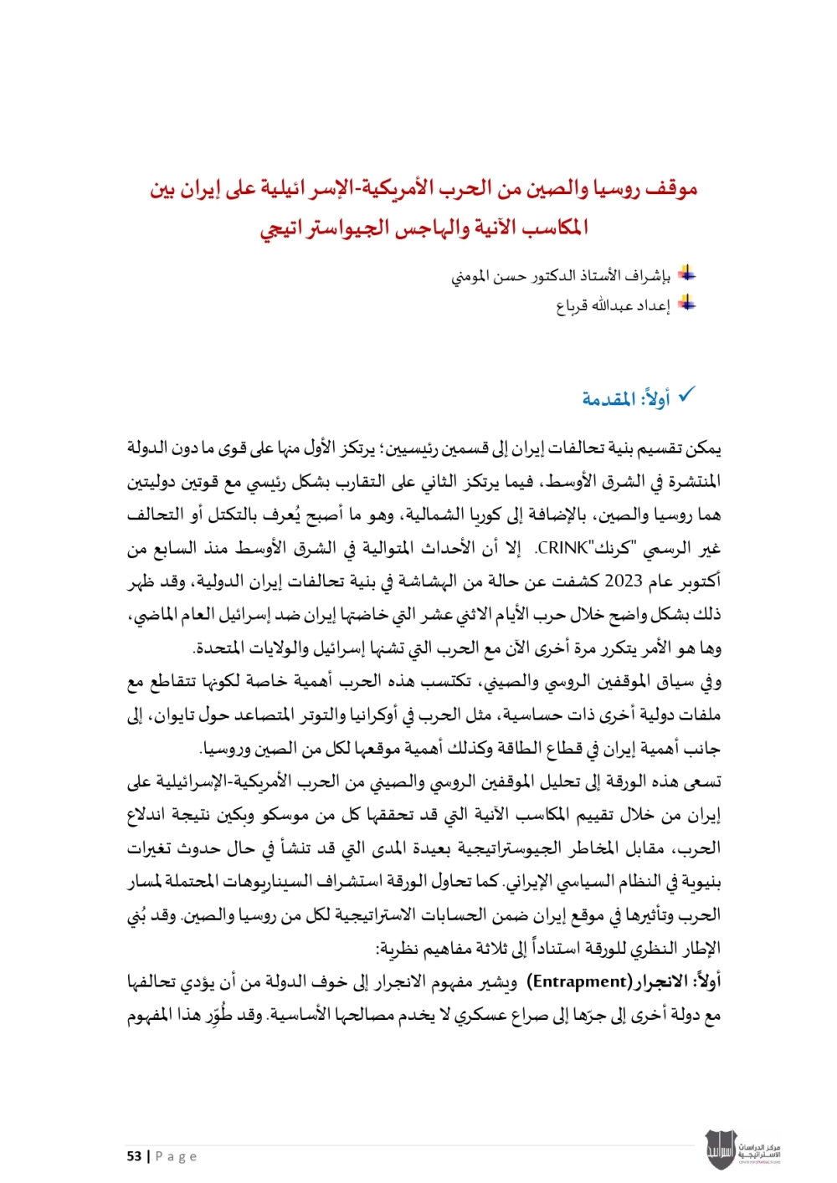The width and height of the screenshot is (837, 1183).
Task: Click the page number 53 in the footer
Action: [134, 1156]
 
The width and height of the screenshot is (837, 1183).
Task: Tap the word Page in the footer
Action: [177, 1156]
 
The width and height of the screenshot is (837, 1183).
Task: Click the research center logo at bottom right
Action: [742, 1150]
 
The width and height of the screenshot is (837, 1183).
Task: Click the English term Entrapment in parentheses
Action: [581, 981]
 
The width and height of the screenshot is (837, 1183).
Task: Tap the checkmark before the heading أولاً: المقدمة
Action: [686, 395]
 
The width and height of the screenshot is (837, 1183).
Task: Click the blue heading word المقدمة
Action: [608, 399]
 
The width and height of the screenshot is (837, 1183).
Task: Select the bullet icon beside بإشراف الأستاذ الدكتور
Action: [686, 273]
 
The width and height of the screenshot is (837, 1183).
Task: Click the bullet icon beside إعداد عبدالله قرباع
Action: [686, 303]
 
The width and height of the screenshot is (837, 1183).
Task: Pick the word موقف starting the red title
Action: [670, 189]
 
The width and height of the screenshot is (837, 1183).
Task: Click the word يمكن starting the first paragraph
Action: [703, 448]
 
